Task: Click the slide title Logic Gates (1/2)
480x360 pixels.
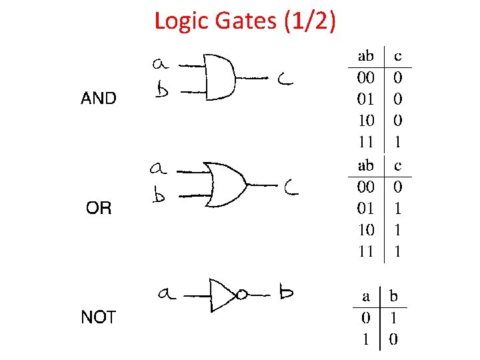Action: pyautogui.click(x=245, y=21)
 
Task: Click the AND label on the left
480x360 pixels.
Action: pyautogui.click(x=98, y=99)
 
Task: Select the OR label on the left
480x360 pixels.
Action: pyautogui.click(x=99, y=209)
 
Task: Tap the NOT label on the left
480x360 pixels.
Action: pyautogui.click(x=98, y=317)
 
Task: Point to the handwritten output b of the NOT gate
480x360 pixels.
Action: pyautogui.click(x=287, y=292)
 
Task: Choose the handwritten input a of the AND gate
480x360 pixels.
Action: pyautogui.click(x=160, y=64)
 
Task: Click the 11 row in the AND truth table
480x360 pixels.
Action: pyautogui.click(x=366, y=142)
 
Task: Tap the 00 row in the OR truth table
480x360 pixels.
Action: pyautogui.click(x=366, y=187)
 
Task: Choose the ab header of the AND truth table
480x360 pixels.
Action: pyautogui.click(x=366, y=55)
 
